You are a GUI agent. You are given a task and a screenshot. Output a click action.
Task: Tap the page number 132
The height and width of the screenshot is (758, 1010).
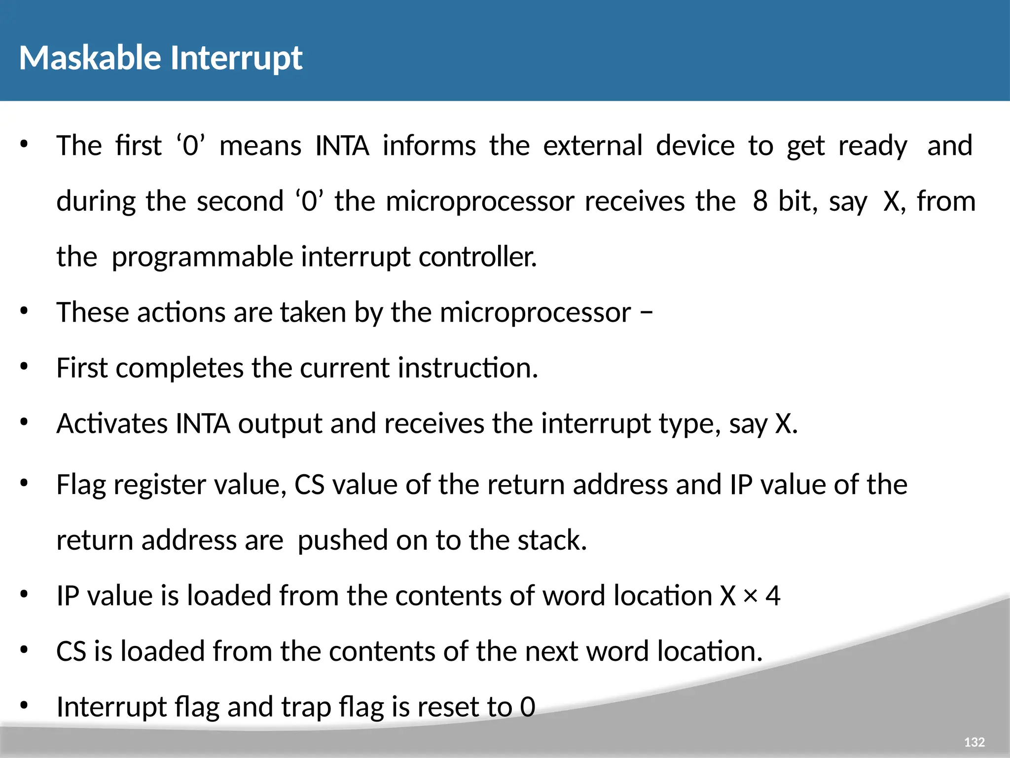[974, 742]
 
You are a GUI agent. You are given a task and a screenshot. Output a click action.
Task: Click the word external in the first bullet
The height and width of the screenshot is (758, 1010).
[593, 146]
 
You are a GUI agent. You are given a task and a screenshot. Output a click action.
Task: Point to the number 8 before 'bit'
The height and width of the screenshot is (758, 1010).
[760, 201]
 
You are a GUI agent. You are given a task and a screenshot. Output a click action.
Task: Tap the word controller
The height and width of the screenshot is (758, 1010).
[477, 257]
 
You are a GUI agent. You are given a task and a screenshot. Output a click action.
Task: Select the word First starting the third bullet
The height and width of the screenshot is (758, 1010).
[81, 368]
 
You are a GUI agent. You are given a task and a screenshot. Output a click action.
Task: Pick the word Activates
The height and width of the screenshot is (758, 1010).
[112, 424]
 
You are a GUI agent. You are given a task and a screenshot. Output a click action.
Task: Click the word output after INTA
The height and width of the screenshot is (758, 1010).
[280, 424]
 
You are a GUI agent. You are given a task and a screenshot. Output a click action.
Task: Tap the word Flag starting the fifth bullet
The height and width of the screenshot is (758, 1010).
[81, 485]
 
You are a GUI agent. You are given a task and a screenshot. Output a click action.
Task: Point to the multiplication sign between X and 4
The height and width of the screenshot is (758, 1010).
[750, 596]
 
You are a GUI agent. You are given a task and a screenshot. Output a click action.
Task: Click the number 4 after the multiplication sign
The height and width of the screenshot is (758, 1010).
[773, 596]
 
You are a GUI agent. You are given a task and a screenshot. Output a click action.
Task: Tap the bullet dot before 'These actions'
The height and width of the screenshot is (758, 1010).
[24, 312]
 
